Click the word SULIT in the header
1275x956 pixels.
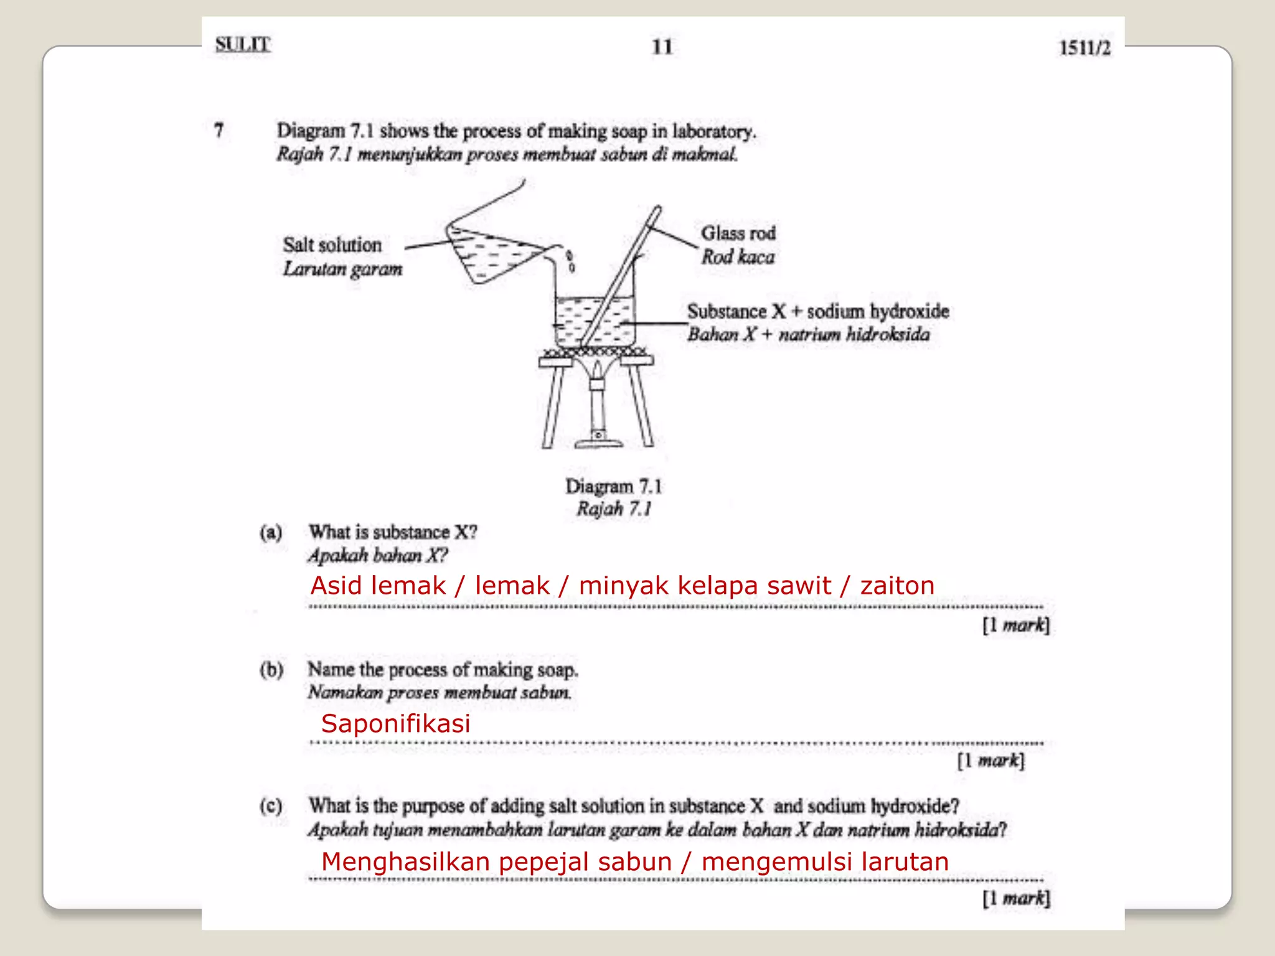click(243, 45)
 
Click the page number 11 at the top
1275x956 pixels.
click(662, 47)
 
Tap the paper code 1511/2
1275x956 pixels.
click(1084, 48)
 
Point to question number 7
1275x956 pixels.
click(219, 131)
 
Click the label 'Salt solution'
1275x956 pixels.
click(332, 245)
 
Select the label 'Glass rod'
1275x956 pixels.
click(738, 233)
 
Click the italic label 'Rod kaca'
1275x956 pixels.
click(738, 256)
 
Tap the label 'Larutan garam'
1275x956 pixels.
click(342, 269)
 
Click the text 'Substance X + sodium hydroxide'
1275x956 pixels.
click(817, 311)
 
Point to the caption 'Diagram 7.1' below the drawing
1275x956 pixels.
click(613, 486)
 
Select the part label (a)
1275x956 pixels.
click(271, 533)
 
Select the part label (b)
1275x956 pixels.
click(271, 670)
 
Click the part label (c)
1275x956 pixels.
click(271, 807)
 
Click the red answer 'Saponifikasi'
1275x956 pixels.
click(395, 723)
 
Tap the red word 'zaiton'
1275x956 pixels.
click(897, 586)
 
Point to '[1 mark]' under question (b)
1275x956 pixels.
click(990, 761)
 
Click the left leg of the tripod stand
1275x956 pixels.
click(551, 405)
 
